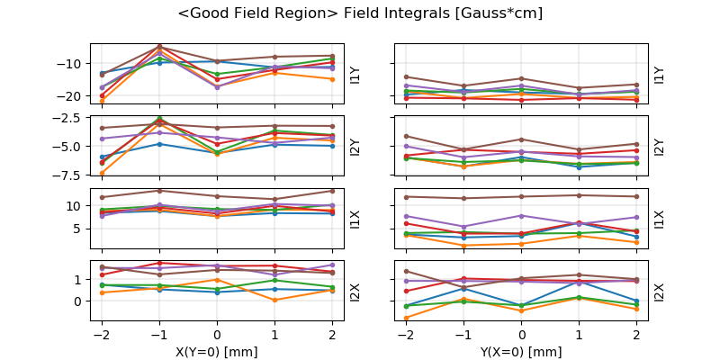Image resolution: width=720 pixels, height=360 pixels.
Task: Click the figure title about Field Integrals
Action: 360,13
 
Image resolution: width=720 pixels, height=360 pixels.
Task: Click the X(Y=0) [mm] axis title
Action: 217,351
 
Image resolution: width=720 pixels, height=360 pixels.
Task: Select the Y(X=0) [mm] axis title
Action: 521,351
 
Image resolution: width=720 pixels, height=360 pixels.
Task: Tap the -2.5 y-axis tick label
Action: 68,118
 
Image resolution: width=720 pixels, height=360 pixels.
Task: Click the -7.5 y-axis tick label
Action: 68,175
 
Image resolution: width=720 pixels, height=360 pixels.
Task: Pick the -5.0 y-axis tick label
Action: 68,146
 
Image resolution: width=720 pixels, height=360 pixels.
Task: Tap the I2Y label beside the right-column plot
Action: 659,147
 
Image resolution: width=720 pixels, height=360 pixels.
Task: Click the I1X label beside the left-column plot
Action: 355,219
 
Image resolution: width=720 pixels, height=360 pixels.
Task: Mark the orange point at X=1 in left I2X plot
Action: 274,300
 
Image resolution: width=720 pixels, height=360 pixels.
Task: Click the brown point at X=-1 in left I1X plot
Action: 159,190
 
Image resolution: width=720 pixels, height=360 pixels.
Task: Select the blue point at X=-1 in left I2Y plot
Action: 159,144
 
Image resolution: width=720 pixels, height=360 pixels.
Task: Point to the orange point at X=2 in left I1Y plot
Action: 332,79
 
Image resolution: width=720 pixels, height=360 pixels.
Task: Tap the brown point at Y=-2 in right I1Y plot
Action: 406,76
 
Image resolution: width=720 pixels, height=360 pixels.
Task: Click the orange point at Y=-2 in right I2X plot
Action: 406,318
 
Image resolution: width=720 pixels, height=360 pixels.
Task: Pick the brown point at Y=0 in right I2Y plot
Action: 521,139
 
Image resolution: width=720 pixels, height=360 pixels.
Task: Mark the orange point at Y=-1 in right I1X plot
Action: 463,245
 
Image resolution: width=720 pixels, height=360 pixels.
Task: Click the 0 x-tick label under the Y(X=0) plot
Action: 521,335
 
